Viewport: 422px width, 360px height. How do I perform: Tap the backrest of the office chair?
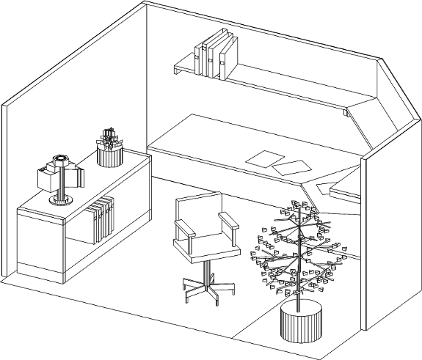[x=198, y=216]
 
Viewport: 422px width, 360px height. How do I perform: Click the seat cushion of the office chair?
[x=208, y=250]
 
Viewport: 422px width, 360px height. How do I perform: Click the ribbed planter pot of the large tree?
[x=301, y=323]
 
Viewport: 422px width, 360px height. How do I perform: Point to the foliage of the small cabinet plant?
[x=110, y=137]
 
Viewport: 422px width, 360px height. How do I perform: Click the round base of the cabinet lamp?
[x=60, y=200]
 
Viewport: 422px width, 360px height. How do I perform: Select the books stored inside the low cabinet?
[x=101, y=218]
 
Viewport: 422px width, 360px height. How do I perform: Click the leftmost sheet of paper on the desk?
[x=262, y=158]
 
